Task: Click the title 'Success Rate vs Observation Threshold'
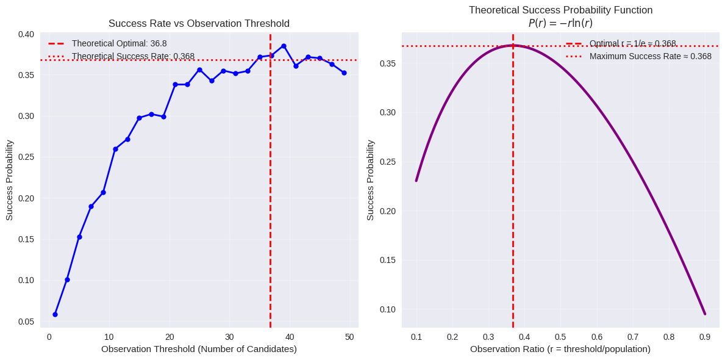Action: tap(199, 24)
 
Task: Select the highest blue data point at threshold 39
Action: tap(284, 46)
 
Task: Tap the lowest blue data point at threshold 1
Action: tap(55, 314)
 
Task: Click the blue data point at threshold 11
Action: tap(115, 149)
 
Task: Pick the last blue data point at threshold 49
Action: tap(344, 73)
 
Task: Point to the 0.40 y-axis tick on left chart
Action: tap(26, 34)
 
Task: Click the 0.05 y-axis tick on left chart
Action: tap(26, 322)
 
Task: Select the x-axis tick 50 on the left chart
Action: tap(349, 337)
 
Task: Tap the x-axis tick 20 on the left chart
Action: tap(169, 337)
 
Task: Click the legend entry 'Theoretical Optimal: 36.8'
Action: tap(119, 43)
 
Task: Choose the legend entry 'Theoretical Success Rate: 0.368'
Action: tap(133, 56)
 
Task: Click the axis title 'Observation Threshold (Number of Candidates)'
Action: tap(199, 349)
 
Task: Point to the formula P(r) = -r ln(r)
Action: tap(560, 23)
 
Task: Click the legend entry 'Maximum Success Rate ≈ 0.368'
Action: tap(650, 56)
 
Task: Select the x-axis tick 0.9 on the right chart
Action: tap(705, 337)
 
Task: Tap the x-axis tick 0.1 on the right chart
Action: tap(416, 337)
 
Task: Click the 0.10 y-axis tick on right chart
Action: tap(388, 309)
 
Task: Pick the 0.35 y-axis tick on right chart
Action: tap(388, 63)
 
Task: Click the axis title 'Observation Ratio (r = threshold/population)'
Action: tap(560, 349)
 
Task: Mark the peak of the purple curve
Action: tap(513, 45)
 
